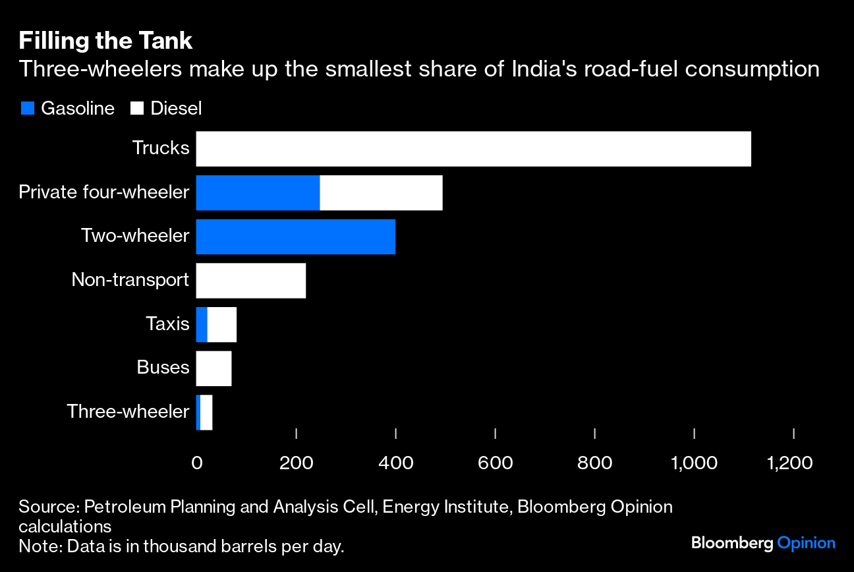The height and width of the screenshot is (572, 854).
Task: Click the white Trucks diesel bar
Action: [473, 149]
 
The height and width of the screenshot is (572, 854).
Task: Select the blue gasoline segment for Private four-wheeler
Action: [258, 193]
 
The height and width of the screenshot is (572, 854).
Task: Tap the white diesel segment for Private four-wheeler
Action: [381, 193]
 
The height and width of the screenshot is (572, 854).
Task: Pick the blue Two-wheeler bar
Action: [295, 237]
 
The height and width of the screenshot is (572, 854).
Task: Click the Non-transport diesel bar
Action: [250, 281]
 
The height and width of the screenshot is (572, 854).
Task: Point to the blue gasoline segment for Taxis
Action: [202, 325]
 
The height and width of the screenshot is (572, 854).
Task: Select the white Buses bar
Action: [213, 368]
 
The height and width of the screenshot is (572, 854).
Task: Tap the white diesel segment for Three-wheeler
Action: [206, 413]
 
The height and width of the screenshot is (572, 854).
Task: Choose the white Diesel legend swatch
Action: [137, 109]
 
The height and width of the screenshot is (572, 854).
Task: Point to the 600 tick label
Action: [495, 463]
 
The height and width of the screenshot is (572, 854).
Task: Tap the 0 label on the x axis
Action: [196, 463]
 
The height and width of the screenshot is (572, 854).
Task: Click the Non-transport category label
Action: [130, 280]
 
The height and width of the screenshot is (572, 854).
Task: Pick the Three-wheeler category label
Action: [128, 412]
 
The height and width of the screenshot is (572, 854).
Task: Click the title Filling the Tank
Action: [105, 42]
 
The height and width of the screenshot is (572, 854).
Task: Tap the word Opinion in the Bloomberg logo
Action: [806, 544]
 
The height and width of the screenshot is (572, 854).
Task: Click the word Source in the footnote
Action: [47, 507]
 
